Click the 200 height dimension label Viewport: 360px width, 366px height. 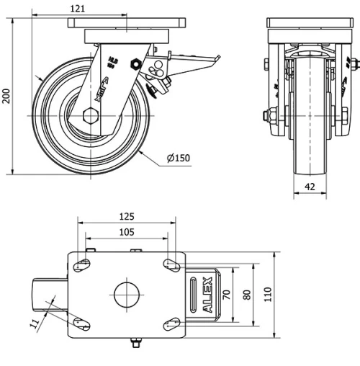(x=7, y=96)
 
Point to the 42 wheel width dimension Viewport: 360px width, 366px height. (x=310, y=186)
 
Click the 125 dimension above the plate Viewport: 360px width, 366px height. (x=126, y=216)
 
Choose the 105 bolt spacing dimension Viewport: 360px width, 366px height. (x=126, y=231)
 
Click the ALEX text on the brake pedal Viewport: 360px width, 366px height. (x=208, y=295)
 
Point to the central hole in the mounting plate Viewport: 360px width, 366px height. (x=126, y=294)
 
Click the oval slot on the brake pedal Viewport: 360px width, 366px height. (x=193, y=294)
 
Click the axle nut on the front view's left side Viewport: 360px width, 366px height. (x=273, y=115)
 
